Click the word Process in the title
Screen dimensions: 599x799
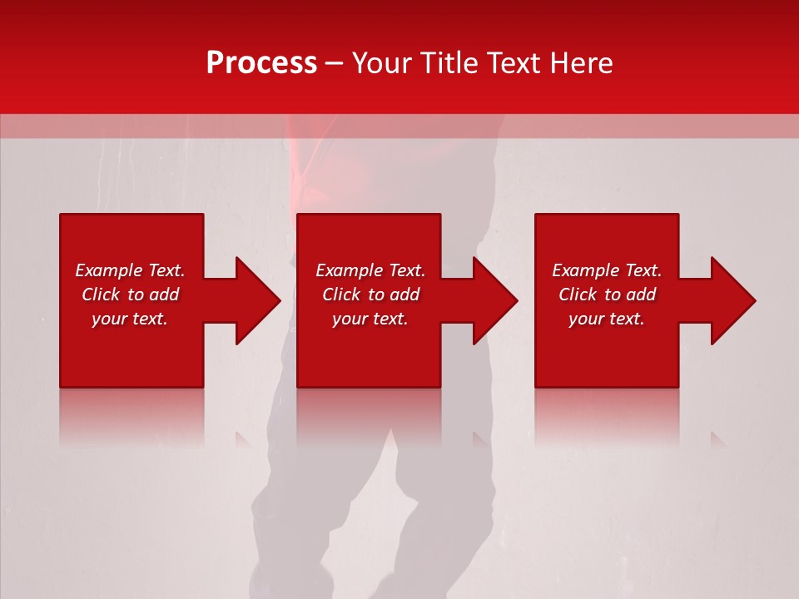(261, 63)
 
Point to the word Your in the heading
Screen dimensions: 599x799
(382, 63)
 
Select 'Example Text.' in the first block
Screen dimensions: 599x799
(130, 270)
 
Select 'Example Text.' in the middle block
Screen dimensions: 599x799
(370, 270)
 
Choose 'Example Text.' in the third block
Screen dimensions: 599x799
(607, 270)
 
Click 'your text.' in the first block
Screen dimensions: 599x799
(130, 319)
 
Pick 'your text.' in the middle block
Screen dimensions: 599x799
(370, 319)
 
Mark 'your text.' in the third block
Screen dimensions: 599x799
(607, 319)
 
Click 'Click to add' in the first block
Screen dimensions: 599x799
(130, 295)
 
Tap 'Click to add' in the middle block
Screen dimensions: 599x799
(370, 295)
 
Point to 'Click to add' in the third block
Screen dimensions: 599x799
(607, 295)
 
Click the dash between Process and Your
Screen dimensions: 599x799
(335, 64)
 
